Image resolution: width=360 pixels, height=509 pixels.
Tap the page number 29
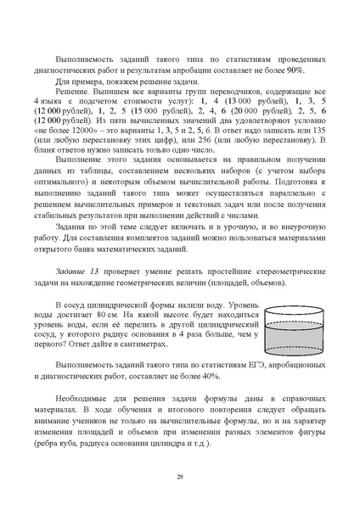click(x=180, y=479)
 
